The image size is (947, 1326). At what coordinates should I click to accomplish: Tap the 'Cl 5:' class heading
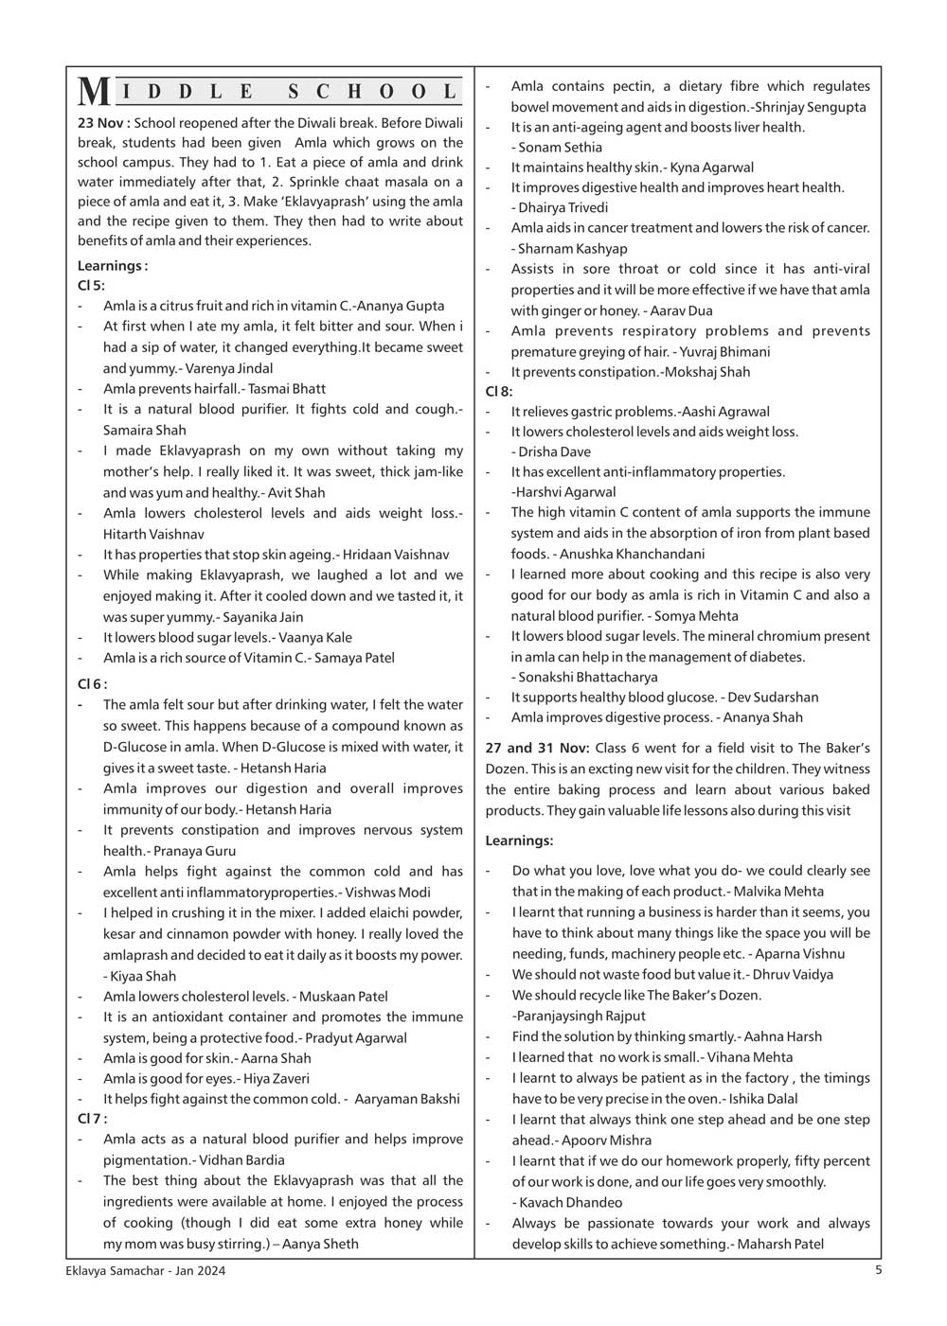click(92, 285)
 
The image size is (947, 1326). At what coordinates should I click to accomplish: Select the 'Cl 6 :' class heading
click(93, 683)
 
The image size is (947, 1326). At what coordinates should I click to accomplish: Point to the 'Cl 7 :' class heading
click(93, 1118)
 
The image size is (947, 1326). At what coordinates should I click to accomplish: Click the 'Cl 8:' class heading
click(499, 391)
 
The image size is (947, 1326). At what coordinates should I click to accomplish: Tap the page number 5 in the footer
click(878, 1270)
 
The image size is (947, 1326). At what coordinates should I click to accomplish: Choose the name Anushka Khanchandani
click(632, 554)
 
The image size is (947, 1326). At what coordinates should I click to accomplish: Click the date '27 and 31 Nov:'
click(537, 749)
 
